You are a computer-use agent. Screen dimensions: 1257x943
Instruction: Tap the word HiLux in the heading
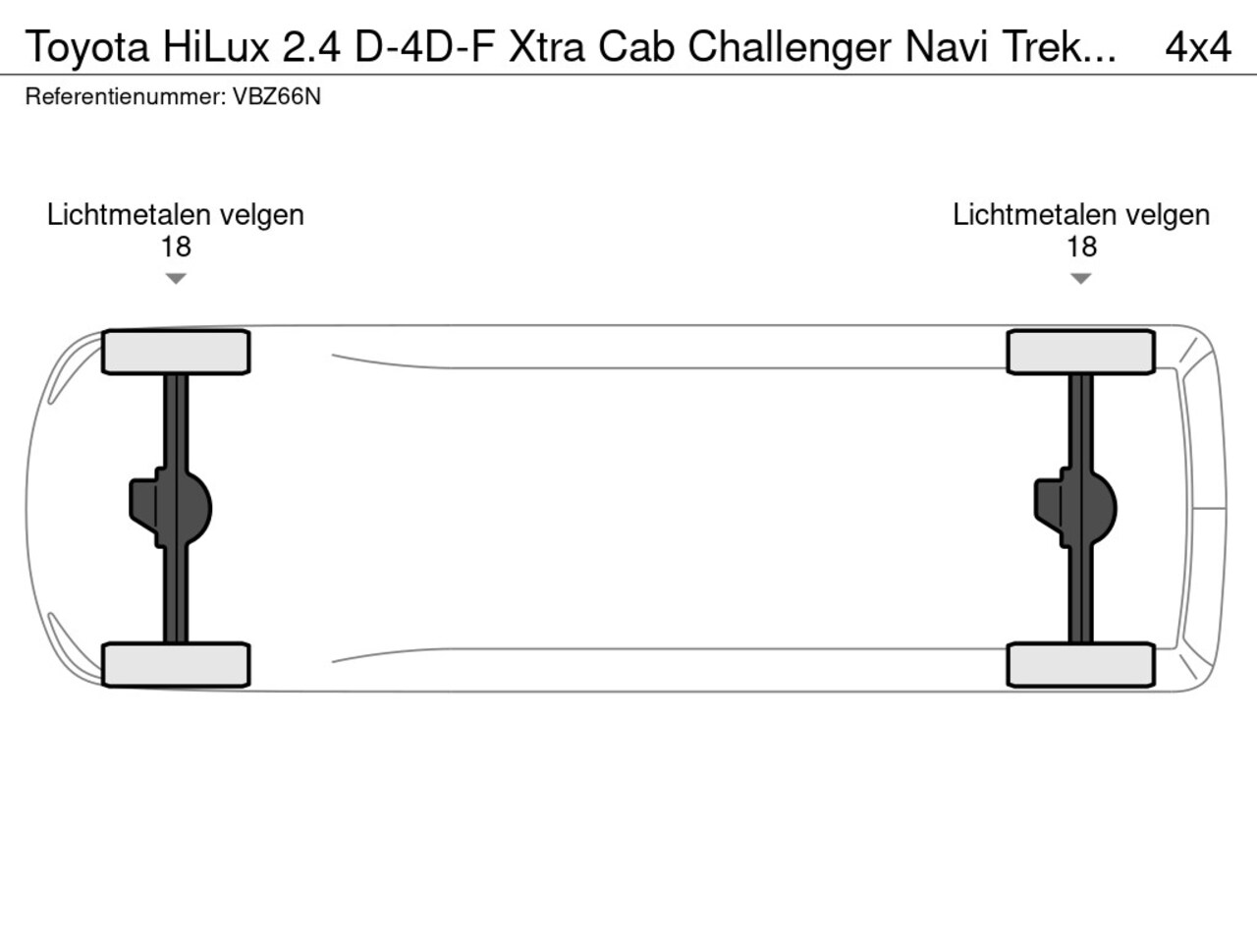pos(216,46)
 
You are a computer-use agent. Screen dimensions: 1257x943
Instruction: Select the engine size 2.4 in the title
pos(311,46)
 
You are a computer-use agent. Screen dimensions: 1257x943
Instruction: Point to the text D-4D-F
pos(425,46)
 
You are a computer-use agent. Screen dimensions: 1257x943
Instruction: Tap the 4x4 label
pos(1198,47)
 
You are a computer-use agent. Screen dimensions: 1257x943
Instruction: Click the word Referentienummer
pos(126,96)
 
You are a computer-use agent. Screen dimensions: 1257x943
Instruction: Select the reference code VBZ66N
pos(277,96)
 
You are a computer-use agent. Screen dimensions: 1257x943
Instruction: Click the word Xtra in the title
pos(547,46)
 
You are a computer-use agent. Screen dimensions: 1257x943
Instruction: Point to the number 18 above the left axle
pos(176,247)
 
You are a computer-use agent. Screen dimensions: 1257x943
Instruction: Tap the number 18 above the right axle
pos(1082,247)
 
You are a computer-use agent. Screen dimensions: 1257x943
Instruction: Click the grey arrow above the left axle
pos(176,279)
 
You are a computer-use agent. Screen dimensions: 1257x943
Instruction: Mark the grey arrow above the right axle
pos(1080,279)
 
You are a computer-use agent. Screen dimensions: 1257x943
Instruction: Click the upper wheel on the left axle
pos(176,352)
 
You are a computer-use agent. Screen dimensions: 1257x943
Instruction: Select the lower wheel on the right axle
pos(1081,665)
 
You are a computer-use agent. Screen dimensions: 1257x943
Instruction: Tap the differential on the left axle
pos(171,509)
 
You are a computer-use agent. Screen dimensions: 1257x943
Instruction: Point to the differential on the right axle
pos(1076,509)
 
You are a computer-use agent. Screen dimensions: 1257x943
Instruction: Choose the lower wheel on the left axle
pos(176,665)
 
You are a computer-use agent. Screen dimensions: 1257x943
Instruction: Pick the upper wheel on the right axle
pos(1081,352)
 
